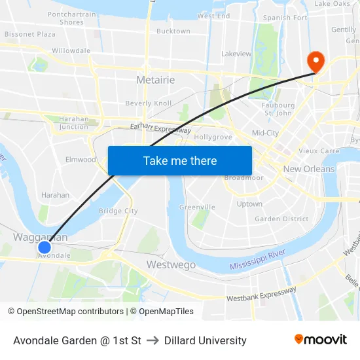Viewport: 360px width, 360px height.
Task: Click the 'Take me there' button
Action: pyautogui.click(x=179, y=160)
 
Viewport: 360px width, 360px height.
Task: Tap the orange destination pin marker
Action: pyautogui.click(x=315, y=62)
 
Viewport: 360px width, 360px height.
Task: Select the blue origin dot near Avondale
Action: pyautogui.click(x=45, y=247)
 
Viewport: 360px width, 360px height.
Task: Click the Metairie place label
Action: pyautogui.click(x=155, y=80)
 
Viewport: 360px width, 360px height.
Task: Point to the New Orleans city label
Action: pyautogui.click(x=308, y=169)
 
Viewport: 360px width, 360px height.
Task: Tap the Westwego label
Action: pyautogui.click(x=171, y=264)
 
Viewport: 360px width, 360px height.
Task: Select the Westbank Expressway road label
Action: pyautogui.click(x=261, y=294)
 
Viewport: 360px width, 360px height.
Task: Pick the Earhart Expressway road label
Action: pyautogui.click(x=160, y=130)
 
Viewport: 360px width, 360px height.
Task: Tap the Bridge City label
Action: pyautogui.click(x=118, y=211)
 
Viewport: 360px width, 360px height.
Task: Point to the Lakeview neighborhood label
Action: pyautogui.click(x=236, y=54)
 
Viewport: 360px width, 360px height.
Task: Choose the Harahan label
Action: pyautogui.click(x=55, y=195)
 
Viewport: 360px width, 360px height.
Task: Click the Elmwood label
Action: pyautogui.click(x=81, y=159)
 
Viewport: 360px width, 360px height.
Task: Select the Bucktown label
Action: pyautogui.click(x=173, y=31)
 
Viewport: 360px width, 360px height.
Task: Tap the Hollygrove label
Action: pyautogui.click(x=213, y=137)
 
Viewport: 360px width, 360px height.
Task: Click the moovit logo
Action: pyautogui.click(x=320, y=340)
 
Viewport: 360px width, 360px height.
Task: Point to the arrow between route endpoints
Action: pyautogui.click(x=153, y=340)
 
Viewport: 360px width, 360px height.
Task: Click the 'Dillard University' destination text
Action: pyautogui.click(x=205, y=340)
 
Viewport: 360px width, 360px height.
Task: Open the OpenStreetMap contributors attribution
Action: pyautogui.click(x=70, y=312)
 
